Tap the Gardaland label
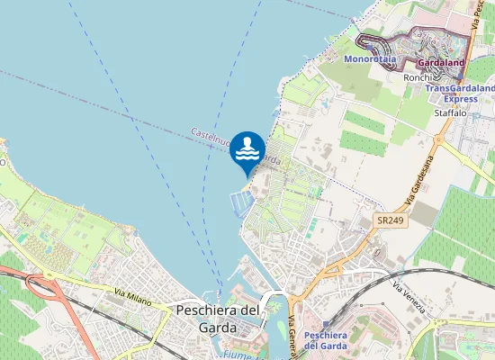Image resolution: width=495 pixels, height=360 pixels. click(440, 64)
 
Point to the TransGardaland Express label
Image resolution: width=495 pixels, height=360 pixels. click(460, 94)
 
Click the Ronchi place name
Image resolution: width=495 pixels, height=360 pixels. click(418, 77)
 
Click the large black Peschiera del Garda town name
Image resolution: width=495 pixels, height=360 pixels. click(218, 319)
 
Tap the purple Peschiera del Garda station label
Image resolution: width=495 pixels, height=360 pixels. click(325, 340)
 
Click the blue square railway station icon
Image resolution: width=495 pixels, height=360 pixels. click(325, 323)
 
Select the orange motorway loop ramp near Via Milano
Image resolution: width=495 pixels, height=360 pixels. click(40, 286)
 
